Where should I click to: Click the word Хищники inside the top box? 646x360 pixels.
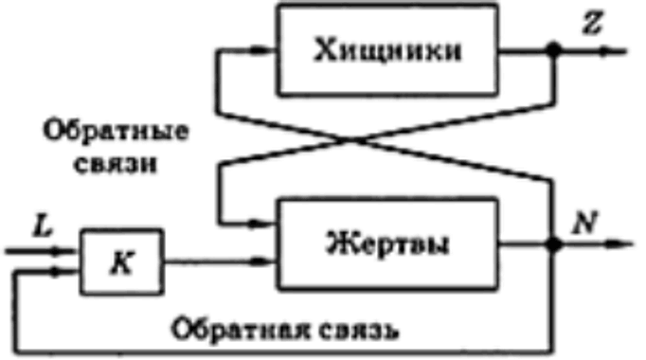[387, 51]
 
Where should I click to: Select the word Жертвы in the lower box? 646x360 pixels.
[387, 243]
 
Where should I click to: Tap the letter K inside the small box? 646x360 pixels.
[122, 262]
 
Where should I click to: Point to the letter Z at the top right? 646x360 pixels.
[592, 22]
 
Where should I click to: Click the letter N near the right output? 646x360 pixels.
[585, 224]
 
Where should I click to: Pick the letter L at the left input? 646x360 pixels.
[44, 225]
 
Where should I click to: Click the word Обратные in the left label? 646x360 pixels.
[117, 131]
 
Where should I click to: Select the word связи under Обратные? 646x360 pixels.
[116, 164]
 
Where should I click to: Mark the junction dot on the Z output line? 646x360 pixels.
[553, 50]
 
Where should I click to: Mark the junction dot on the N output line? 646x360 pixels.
[553, 243]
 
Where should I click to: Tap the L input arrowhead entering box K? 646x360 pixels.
[62, 250]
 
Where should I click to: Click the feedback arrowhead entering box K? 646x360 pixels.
[62, 271]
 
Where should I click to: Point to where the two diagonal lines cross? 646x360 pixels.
[351, 140]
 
